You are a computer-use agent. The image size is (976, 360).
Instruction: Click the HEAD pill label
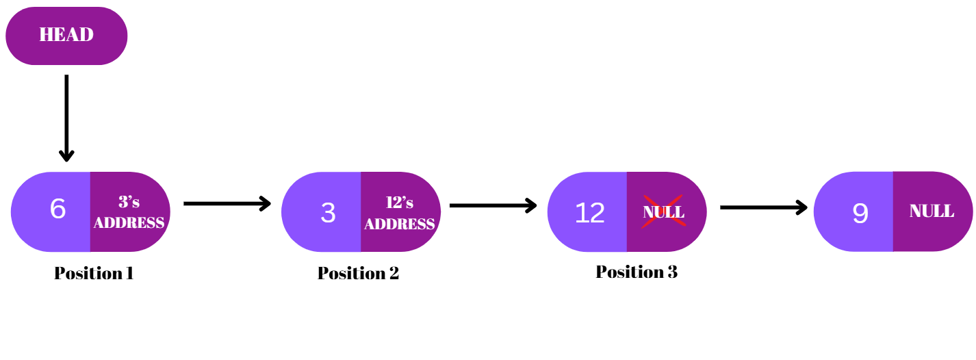coord(66,35)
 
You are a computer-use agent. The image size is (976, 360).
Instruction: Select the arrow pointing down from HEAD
coord(66,116)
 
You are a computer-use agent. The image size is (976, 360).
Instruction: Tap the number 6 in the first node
coord(57,209)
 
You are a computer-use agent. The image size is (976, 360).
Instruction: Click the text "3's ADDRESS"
coord(129,212)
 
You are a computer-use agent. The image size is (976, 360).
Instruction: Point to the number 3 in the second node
coord(328,213)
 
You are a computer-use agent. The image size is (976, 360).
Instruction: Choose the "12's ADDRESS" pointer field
coord(400,213)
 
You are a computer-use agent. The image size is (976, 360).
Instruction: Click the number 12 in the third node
coord(589,213)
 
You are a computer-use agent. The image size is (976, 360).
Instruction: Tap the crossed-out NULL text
coord(663,211)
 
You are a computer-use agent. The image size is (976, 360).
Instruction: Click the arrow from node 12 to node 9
coord(763,207)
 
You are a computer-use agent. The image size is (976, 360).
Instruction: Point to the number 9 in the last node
coord(860,214)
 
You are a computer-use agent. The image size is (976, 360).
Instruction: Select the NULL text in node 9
coord(932,211)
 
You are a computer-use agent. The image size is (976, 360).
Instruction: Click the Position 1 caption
coord(94,273)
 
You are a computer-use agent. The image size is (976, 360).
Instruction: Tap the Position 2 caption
coord(358,273)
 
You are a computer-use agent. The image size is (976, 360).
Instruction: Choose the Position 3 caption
coord(637,272)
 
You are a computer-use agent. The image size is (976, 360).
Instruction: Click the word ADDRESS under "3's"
coord(129,222)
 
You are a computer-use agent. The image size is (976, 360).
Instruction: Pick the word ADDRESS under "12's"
coord(400,224)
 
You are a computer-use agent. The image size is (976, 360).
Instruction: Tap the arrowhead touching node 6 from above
coord(66,155)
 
